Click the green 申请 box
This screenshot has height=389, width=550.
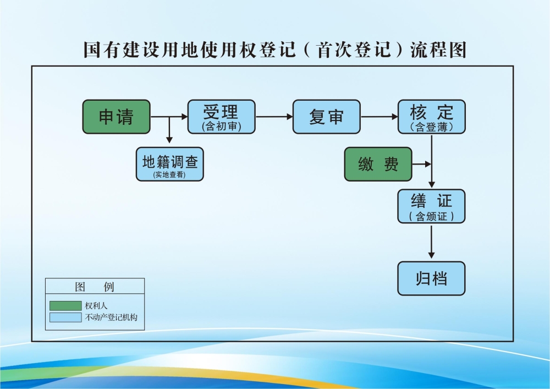[x=116, y=117]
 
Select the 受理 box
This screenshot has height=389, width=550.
[x=222, y=117]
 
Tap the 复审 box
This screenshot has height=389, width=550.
[x=326, y=117]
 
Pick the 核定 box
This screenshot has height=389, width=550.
[x=432, y=117]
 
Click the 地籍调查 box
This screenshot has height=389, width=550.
[x=170, y=164]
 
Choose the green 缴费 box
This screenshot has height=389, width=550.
[x=378, y=164]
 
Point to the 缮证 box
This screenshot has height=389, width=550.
[x=432, y=206]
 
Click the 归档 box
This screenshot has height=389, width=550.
[x=432, y=278]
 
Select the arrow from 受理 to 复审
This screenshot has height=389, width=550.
[x=274, y=117]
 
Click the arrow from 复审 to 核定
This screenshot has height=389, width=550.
[x=379, y=117]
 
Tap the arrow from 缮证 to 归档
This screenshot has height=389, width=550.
[x=432, y=242]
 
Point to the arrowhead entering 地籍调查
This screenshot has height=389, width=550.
[x=169, y=141]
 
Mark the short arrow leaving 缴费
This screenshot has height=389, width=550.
[x=422, y=164]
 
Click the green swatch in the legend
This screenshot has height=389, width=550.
[x=65, y=305]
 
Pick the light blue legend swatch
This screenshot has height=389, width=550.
[x=65, y=317]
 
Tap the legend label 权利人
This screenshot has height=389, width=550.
[x=96, y=305]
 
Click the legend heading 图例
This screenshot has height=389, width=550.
[x=95, y=287]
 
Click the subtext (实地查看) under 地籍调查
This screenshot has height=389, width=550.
[x=169, y=174]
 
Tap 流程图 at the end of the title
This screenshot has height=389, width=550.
[x=438, y=50]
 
